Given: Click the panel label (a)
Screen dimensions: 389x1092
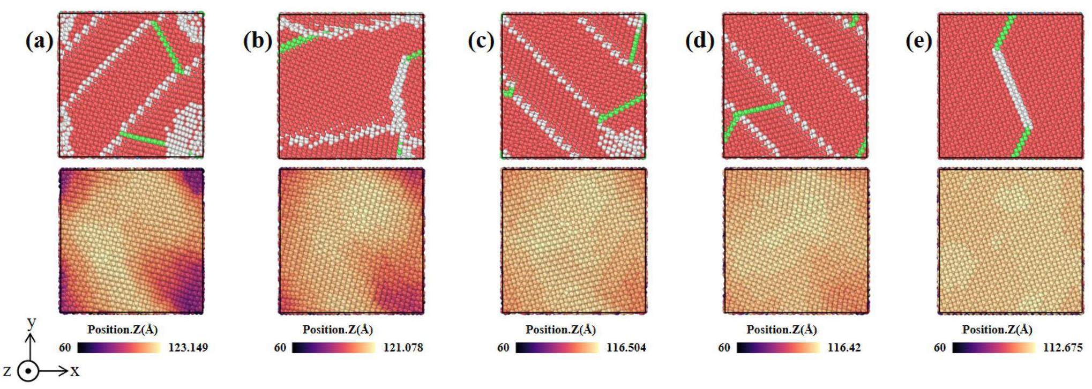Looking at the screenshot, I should tap(39, 41).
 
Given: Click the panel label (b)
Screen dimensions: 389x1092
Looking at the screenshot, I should tap(257, 41).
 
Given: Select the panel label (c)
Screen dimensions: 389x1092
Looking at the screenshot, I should tap(481, 41).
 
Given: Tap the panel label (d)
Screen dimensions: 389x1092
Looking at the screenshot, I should tap(699, 41).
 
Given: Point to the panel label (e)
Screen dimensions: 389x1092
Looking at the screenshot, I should tap(919, 41).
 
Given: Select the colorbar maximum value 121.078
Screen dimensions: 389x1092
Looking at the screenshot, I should tap(403, 348).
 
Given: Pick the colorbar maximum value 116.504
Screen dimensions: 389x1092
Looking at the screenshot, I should tap(626, 348).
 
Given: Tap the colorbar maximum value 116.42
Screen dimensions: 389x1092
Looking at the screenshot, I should tap(844, 348).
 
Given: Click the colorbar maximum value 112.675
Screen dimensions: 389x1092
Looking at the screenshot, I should tap(1063, 348).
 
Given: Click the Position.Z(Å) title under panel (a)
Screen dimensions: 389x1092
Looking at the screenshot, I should tap(123, 330).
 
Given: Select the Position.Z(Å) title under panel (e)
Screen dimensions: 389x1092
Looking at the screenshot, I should tap(997, 330).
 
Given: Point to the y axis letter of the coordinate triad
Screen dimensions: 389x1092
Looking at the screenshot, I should tap(32, 322).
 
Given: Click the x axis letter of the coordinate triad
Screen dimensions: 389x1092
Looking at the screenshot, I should tap(74, 371).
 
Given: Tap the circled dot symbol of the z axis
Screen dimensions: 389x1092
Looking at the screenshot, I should tap(28, 371).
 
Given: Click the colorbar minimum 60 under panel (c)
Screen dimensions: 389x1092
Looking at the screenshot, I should tap(503, 348).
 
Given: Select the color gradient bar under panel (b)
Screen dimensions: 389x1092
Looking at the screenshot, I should tap(334, 348).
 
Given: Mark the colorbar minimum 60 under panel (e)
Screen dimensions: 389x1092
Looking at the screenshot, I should tap(940, 348).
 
